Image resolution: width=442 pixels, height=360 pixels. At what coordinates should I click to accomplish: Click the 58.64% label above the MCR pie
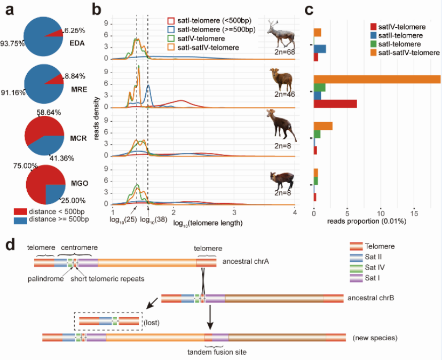coord(48,113)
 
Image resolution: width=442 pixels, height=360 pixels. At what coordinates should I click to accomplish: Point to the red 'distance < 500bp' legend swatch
coord(21,211)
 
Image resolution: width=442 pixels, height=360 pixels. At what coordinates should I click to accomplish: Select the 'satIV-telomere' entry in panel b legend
coord(205,39)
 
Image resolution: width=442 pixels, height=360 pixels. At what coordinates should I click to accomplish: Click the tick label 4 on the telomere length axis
coord(295,213)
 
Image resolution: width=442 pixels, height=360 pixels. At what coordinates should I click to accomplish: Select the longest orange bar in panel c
coord(377,79)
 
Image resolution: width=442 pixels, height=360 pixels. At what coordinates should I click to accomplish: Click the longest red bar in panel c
coord(335,104)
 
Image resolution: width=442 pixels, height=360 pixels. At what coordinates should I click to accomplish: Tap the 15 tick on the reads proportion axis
coord(414,213)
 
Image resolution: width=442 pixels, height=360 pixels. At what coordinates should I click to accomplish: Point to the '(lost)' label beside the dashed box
coord(153,322)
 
